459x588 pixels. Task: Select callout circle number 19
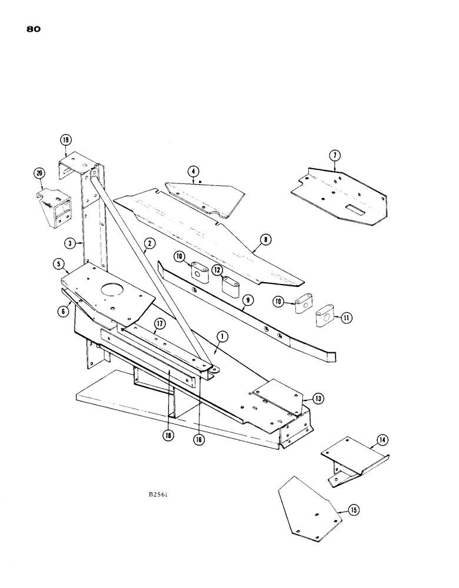click(65, 140)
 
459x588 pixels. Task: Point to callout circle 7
click(334, 156)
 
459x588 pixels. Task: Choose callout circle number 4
click(192, 172)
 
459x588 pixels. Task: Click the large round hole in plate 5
click(110, 289)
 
